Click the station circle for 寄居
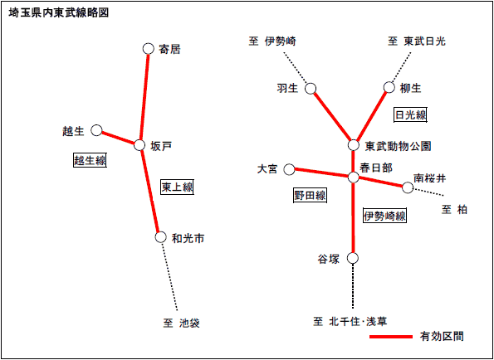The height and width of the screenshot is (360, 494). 148,49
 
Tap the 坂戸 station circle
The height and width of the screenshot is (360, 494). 139,145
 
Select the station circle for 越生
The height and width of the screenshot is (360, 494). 96,130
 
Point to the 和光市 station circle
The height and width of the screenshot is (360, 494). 161,237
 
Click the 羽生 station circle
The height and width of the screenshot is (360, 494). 311,89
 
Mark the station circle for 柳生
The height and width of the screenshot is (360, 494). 389,87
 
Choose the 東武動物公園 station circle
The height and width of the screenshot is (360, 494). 354,145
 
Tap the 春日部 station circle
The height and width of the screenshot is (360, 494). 354,178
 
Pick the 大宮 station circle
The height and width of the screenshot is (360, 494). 289,169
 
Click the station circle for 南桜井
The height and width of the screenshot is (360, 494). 408,187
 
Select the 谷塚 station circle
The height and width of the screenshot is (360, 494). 353,258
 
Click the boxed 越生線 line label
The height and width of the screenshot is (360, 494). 90,160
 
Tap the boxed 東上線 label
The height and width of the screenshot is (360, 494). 177,187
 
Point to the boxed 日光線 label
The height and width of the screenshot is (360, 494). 411,115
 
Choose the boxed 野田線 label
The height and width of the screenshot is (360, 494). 310,196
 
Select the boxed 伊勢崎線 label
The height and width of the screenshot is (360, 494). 384,216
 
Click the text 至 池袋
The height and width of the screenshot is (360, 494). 182,324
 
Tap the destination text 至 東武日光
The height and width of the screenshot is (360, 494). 417,41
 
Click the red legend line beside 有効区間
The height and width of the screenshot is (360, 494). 391,337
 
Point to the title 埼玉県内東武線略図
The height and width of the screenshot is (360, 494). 59,13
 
